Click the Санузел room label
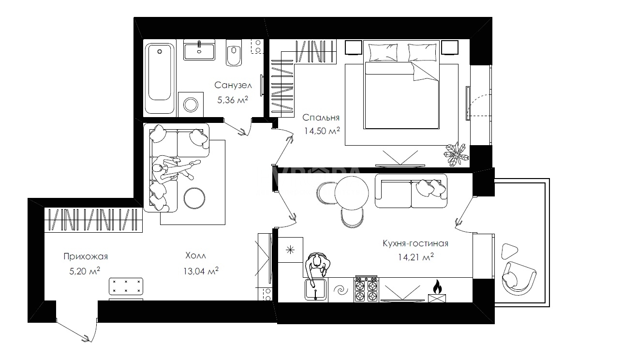(x=233, y=85)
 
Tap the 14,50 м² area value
(x=322, y=131)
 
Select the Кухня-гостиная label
(x=415, y=243)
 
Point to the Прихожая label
(x=86, y=256)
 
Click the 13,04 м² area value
(x=201, y=270)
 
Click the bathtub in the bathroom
(x=160, y=78)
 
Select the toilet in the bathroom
(x=234, y=52)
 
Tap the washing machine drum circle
(x=191, y=105)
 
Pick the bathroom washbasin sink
(x=199, y=50)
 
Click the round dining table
(x=352, y=193)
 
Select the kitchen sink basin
(x=316, y=290)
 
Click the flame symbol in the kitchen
(x=437, y=287)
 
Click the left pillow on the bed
(x=382, y=52)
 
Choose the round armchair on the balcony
(x=518, y=278)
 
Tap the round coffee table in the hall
(x=194, y=198)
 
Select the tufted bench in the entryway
(x=126, y=286)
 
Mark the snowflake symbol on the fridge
(x=290, y=250)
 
